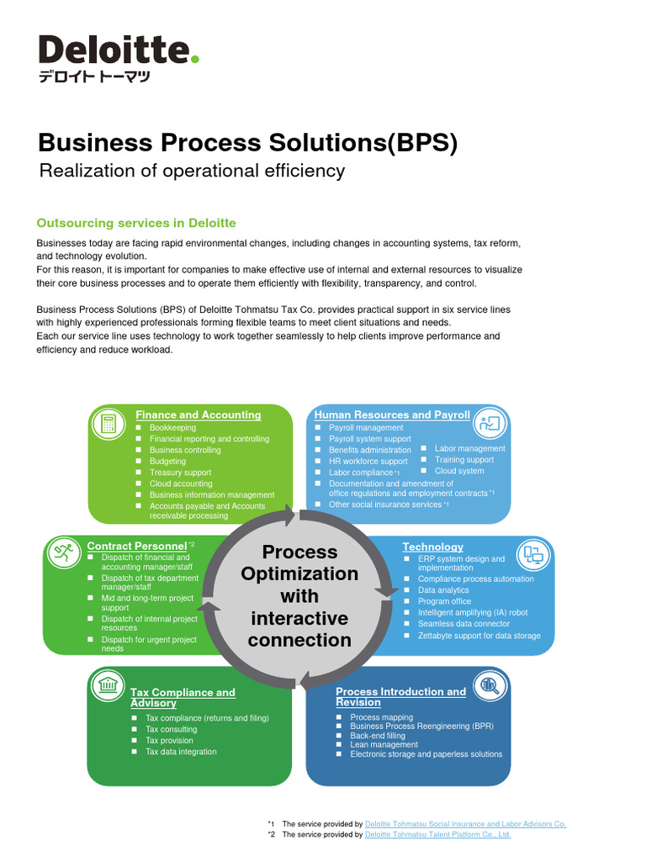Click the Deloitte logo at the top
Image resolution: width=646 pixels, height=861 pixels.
(119, 57)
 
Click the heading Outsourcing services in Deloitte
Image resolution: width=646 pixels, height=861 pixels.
(136, 223)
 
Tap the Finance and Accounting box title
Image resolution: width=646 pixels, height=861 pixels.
(199, 415)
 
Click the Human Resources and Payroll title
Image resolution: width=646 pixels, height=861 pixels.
(392, 415)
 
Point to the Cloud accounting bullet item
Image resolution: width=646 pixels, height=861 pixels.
(181, 483)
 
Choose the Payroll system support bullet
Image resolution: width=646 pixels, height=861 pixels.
(370, 439)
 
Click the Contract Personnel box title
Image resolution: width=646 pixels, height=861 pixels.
(136, 546)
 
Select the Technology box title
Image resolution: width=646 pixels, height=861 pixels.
(432, 547)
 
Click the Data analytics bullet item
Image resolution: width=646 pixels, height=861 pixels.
(443, 590)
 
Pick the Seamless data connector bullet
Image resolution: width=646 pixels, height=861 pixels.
(463, 624)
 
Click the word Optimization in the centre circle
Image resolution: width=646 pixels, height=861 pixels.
(299, 573)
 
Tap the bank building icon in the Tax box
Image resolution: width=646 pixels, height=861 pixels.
(108, 685)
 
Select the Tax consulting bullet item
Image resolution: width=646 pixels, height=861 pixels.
(172, 729)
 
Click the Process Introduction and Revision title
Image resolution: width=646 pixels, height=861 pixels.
(400, 696)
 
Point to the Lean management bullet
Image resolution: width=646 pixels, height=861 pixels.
(384, 744)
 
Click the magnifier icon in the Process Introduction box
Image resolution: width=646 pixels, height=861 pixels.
(489, 686)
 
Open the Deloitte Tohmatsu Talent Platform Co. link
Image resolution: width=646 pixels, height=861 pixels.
(438, 834)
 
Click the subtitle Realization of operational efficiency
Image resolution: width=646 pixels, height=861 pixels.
(193, 171)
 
